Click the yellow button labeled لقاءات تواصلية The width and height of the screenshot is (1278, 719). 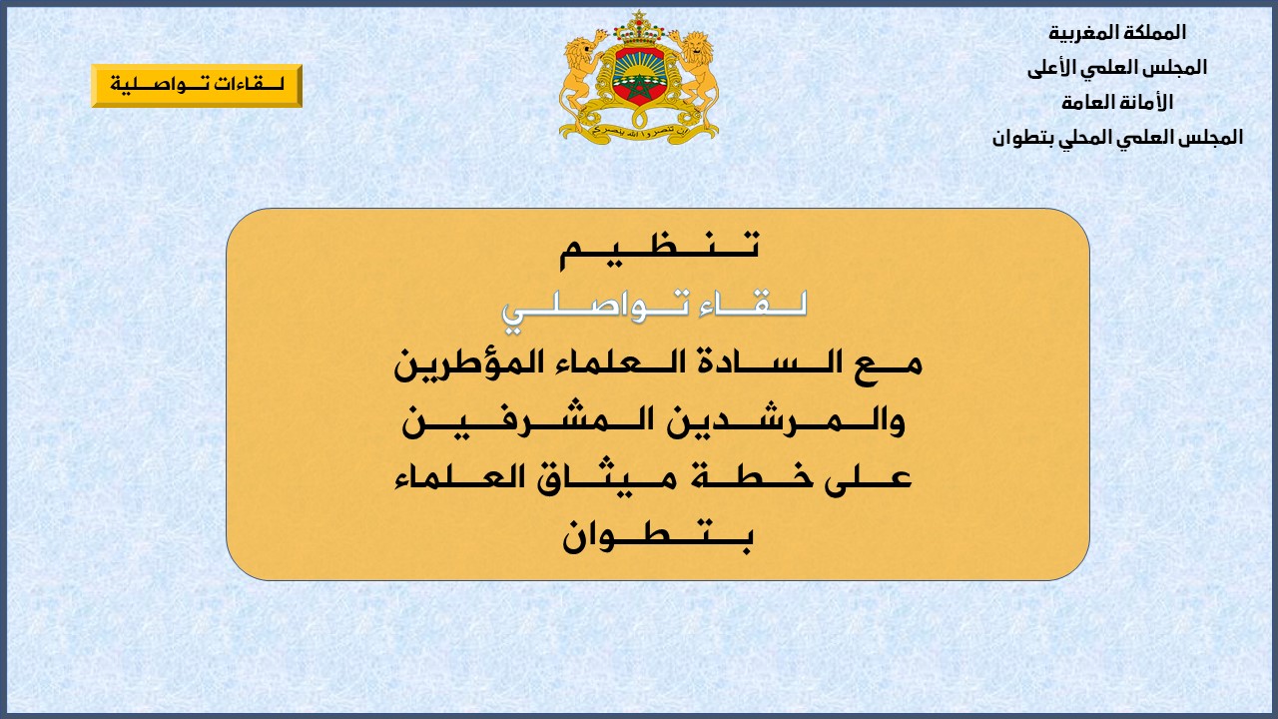tap(197, 86)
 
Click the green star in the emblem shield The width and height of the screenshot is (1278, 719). tap(639, 86)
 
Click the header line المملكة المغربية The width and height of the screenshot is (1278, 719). tap(1117, 33)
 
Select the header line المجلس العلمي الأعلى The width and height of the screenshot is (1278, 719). tap(1117, 68)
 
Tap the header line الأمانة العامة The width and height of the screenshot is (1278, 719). tap(1117, 103)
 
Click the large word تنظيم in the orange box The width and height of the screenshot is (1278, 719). tap(659, 250)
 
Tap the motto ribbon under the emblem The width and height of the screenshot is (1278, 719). tap(639, 130)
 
